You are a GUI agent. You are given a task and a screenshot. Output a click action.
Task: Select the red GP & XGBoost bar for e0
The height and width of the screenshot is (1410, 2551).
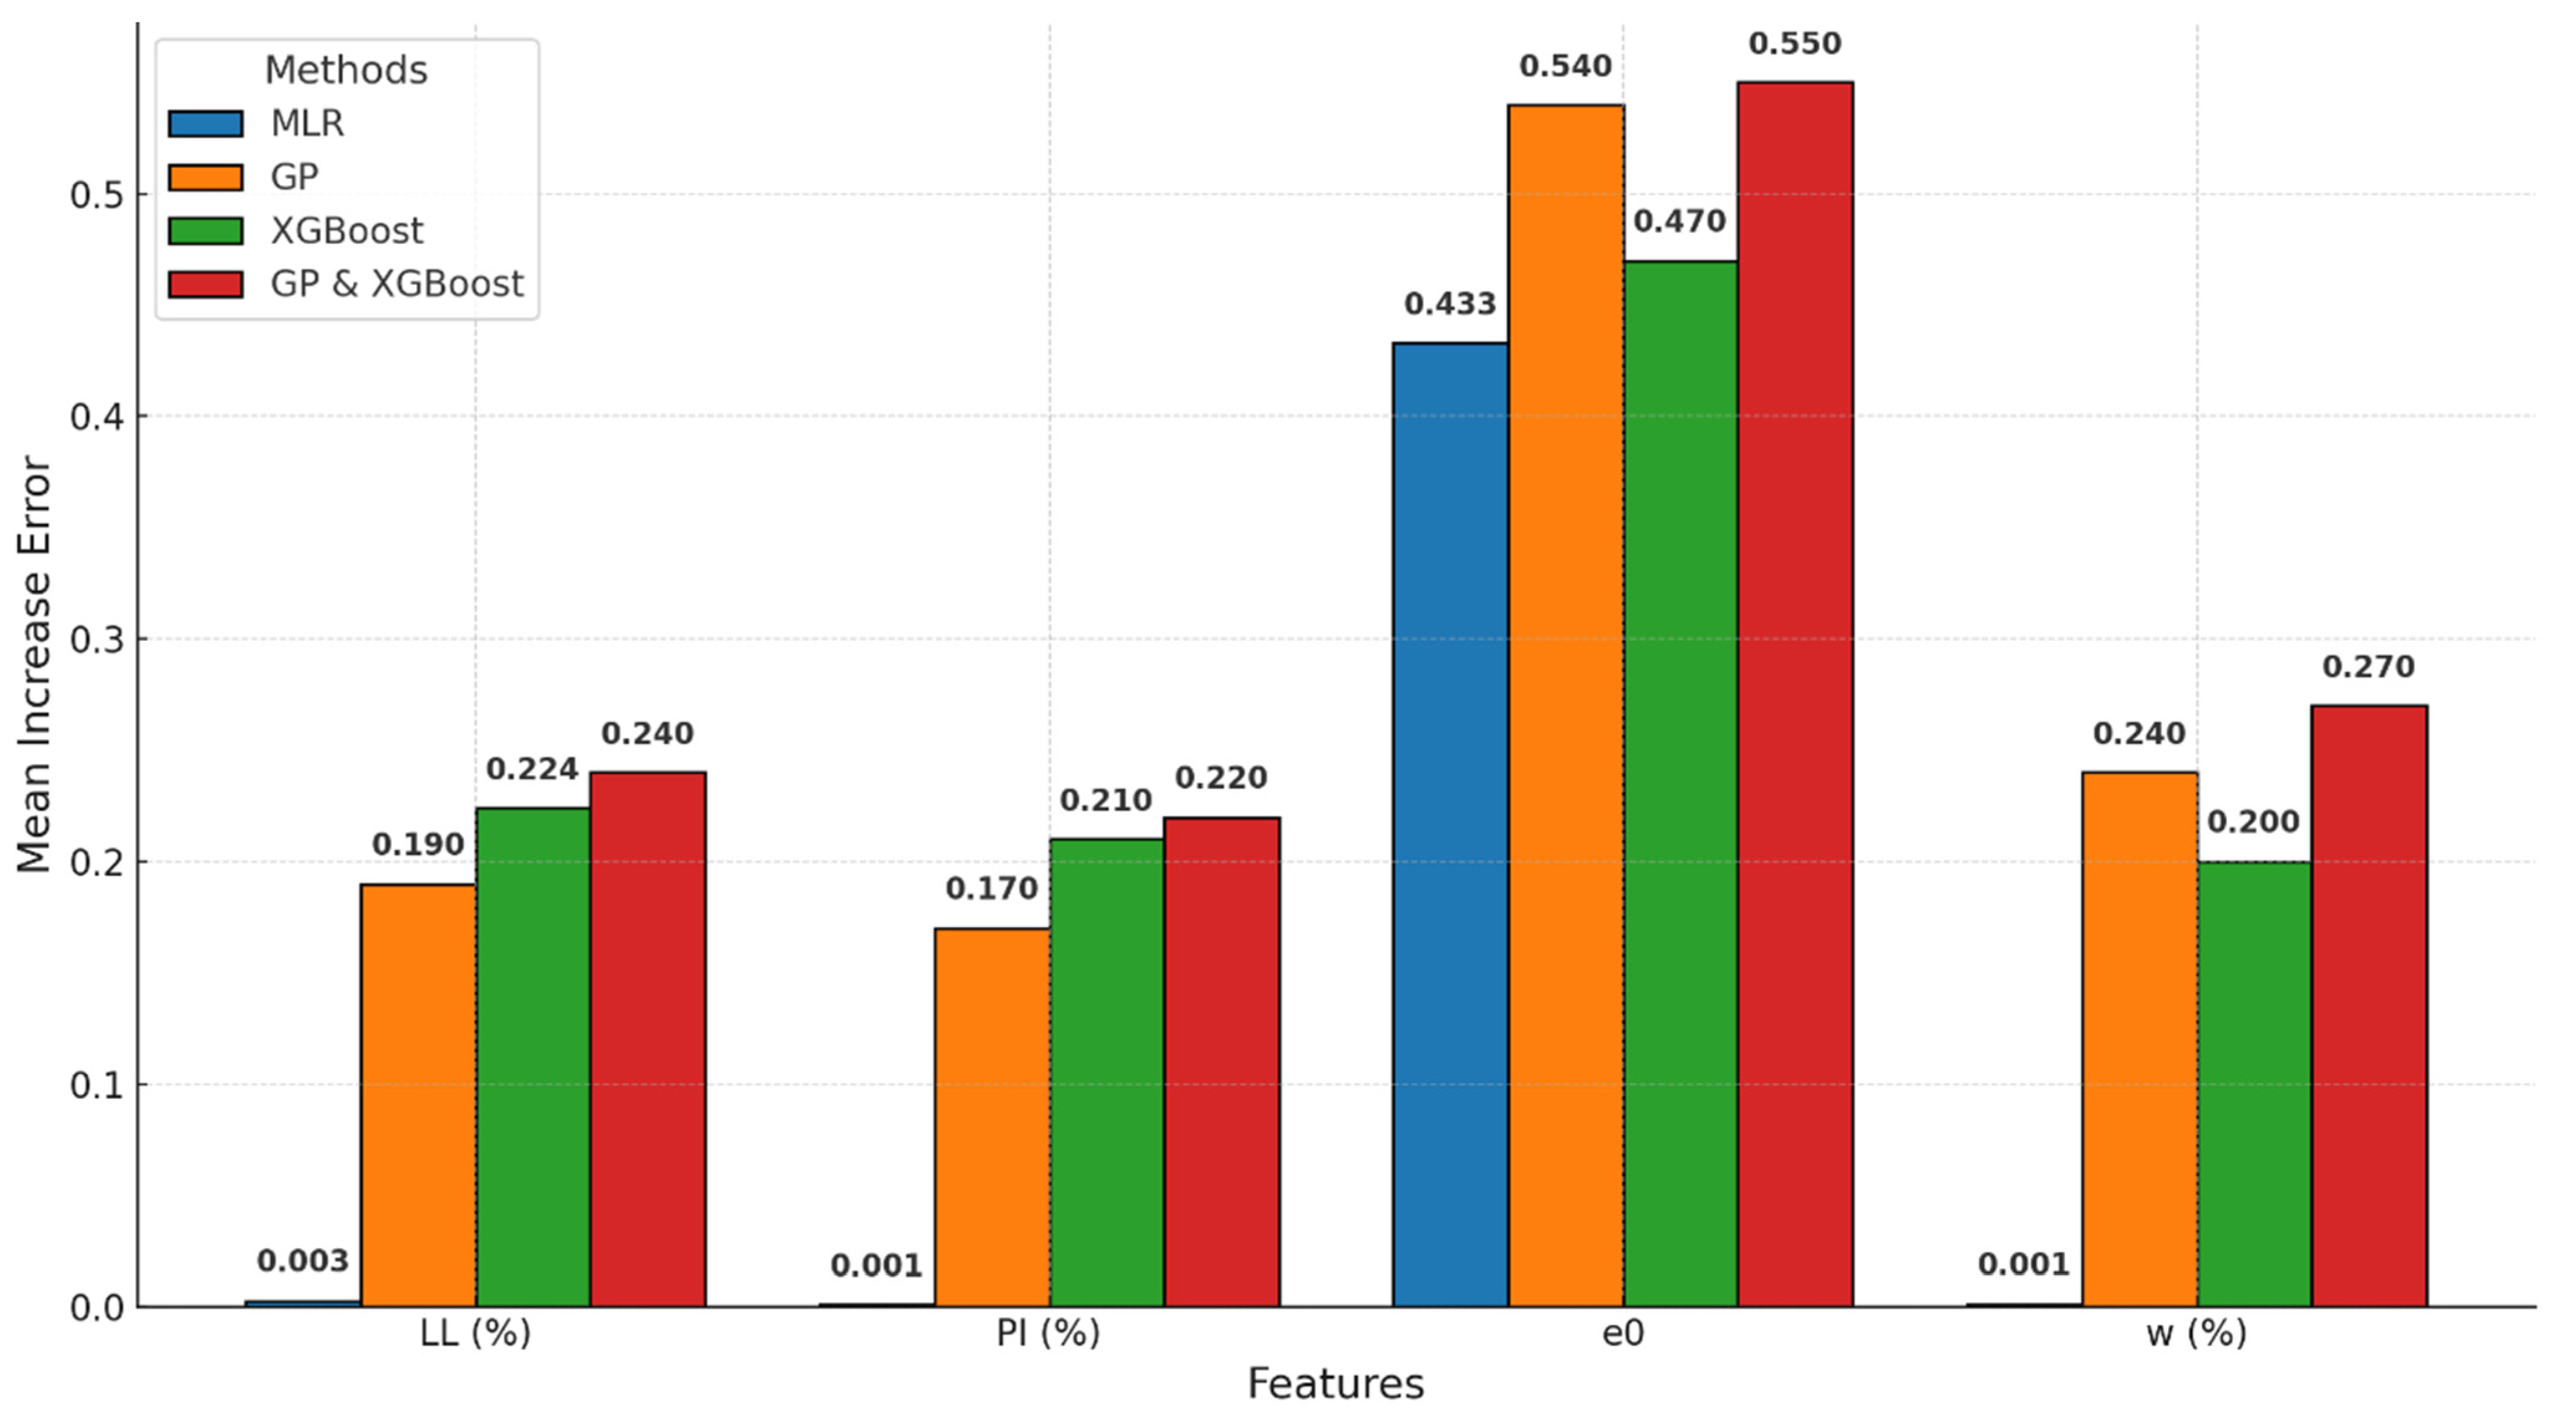click(x=1794, y=693)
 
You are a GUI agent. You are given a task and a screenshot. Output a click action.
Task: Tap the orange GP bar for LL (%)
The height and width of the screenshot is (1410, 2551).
click(x=418, y=1094)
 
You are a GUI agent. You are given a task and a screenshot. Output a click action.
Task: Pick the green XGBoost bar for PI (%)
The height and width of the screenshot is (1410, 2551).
click(x=1106, y=1072)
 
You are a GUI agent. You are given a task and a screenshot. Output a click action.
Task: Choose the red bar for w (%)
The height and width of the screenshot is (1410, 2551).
click(x=2368, y=1005)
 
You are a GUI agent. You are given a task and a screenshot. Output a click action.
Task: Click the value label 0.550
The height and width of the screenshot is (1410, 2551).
click(x=1794, y=44)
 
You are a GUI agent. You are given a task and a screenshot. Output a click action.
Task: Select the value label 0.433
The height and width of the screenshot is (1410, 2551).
click(x=1450, y=304)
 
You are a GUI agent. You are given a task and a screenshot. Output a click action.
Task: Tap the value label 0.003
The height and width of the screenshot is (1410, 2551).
click(x=302, y=1261)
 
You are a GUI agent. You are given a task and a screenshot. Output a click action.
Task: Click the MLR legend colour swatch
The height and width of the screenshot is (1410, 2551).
click(x=205, y=124)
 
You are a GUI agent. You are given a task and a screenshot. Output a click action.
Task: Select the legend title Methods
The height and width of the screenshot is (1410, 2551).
click(x=345, y=70)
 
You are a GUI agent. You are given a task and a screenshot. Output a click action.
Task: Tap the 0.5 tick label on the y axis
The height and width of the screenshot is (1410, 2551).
click(x=95, y=195)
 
